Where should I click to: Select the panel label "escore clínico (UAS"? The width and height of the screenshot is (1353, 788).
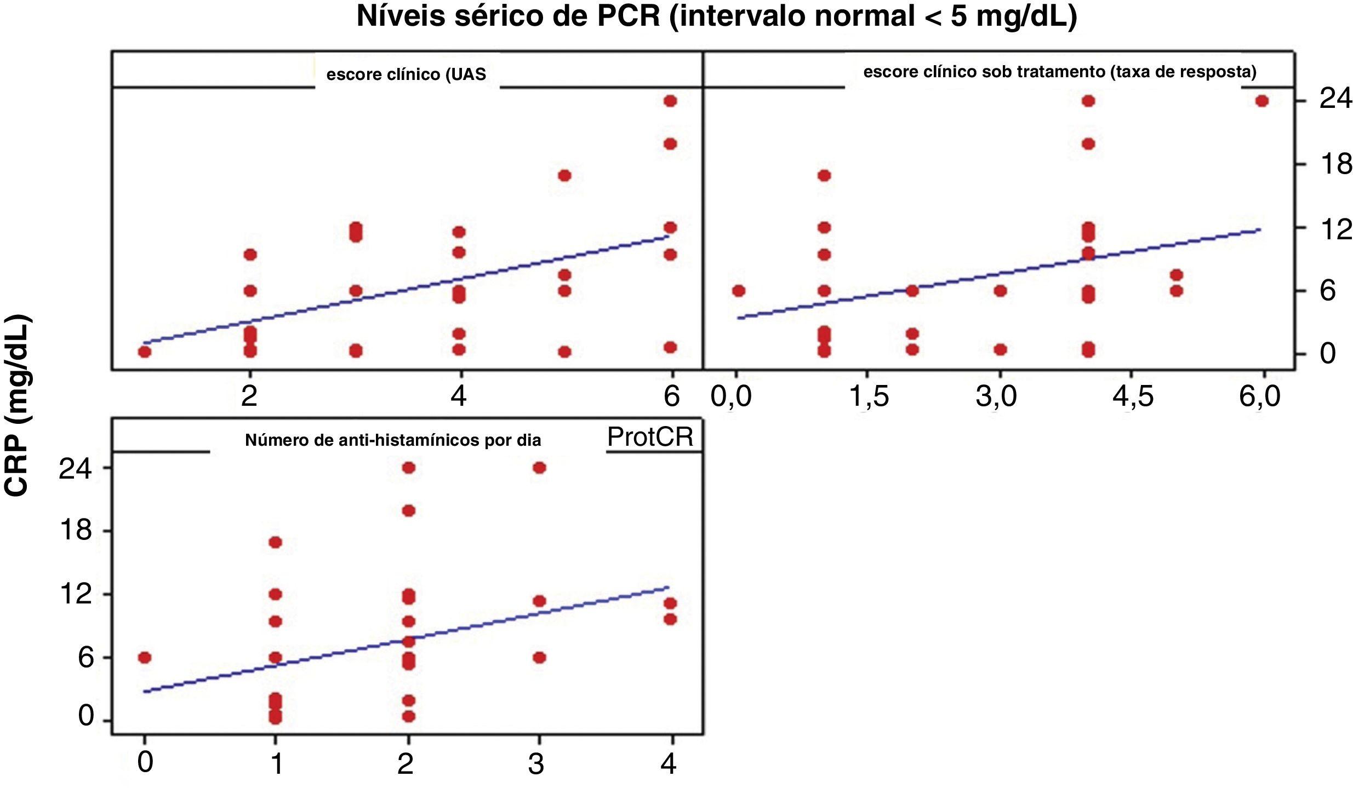point(406,74)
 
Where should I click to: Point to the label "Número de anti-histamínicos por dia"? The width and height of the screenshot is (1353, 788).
point(393,440)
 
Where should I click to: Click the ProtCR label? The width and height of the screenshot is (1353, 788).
point(650,437)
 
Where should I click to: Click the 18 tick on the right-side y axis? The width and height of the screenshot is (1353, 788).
point(1335,164)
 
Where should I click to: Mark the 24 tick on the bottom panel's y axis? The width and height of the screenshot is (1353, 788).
point(76,469)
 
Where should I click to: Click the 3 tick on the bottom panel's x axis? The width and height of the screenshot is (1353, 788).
point(536,763)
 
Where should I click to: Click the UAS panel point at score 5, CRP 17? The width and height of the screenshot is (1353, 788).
point(564,176)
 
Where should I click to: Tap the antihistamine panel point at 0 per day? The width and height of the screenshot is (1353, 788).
point(144,658)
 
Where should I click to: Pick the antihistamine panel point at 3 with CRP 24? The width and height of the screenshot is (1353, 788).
point(539,468)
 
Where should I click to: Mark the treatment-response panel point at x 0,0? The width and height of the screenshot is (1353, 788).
point(738,291)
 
